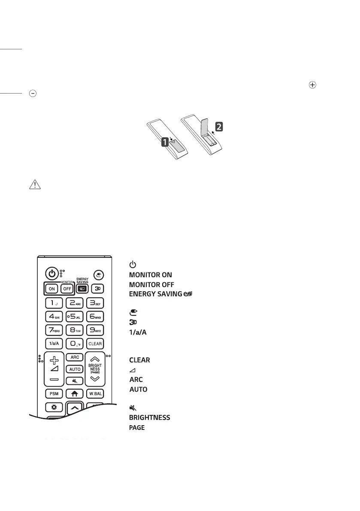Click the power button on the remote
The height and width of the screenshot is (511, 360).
coord(51,273)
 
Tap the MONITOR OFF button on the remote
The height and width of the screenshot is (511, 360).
coord(67,289)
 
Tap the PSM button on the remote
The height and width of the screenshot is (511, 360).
coord(53,393)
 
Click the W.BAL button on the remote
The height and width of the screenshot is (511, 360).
coord(94,393)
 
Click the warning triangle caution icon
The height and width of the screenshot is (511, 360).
coord(33,185)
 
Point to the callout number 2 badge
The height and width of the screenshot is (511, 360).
coord(219,127)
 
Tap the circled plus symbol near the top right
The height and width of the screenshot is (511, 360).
coord(312,85)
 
